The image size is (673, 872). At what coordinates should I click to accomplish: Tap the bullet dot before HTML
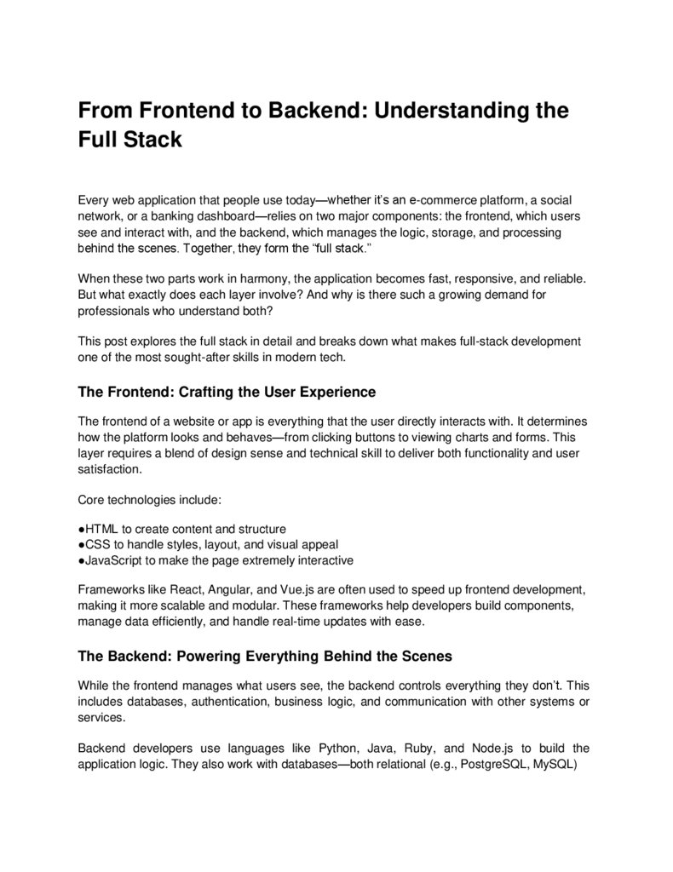tap(81, 529)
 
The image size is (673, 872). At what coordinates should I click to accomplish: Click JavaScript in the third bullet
tap(114, 561)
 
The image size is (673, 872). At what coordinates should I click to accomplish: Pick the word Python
tap(337, 749)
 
